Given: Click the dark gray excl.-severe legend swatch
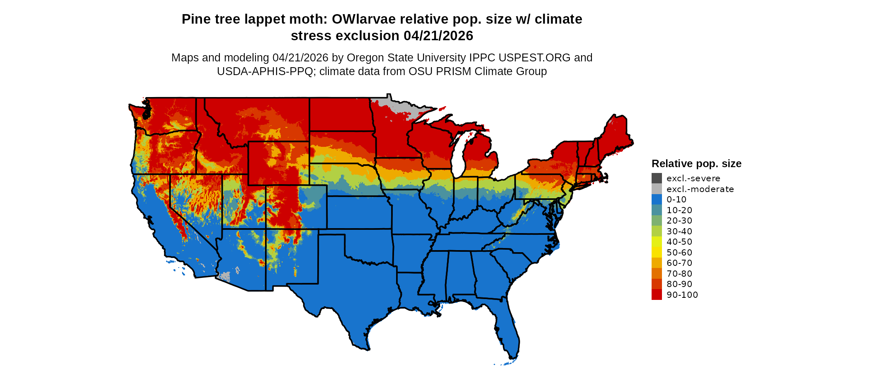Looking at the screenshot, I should click(x=657, y=178).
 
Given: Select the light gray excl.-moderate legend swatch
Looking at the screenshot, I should click(x=657, y=189).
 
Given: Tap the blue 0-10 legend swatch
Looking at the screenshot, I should click(x=657, y=200).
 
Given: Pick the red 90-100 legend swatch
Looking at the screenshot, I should click(x=657, y=295).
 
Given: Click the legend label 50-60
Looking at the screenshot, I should click(x=679, y=253).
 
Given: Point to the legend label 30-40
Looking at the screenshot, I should click(x=679, y=231).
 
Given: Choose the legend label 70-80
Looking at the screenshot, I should click(x=679, y=274).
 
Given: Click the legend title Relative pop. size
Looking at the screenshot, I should click(x=696, y=163).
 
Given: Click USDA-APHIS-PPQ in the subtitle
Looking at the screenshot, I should click(x=265, y=71).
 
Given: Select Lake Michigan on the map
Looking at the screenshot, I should click(x=457, y=158).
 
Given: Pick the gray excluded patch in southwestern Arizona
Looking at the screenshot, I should click(x=225, y=276).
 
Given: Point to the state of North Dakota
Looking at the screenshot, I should click(x=340, y=114).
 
